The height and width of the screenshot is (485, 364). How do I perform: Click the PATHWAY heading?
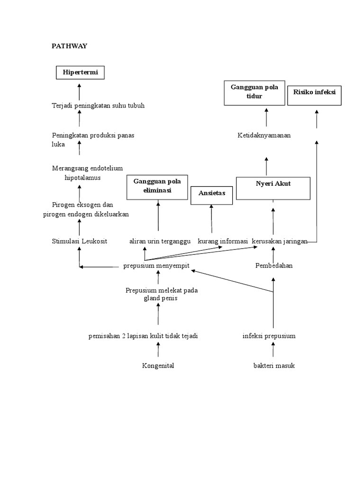pos(69,46)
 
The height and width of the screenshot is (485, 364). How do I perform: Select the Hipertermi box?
pos(79,72)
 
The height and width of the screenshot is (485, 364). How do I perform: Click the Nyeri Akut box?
pos(273,188)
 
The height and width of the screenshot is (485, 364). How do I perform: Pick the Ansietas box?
pos(211,195)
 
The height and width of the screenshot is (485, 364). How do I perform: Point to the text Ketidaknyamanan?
pos(264,135)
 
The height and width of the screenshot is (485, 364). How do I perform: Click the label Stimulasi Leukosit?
pos(79,241)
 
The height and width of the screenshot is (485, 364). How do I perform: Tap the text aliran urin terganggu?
pos(160,241)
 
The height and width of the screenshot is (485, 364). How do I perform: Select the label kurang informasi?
pos(223,241)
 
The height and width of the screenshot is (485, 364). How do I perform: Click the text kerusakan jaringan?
pos(280,241)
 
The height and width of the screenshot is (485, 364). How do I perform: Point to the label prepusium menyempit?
pos(156,266)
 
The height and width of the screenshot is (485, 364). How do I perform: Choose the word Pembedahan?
pos(274,266)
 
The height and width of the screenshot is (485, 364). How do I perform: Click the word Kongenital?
pos(158,366)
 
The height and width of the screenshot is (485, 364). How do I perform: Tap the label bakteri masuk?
pos(274,366)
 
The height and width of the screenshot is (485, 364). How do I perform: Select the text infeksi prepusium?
pos(269,336)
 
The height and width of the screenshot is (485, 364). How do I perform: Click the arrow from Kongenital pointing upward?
pos(158,350)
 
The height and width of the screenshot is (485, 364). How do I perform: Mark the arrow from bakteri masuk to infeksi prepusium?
pos(273,350)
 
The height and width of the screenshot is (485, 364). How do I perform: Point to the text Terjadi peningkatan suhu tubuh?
pos(98,106)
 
